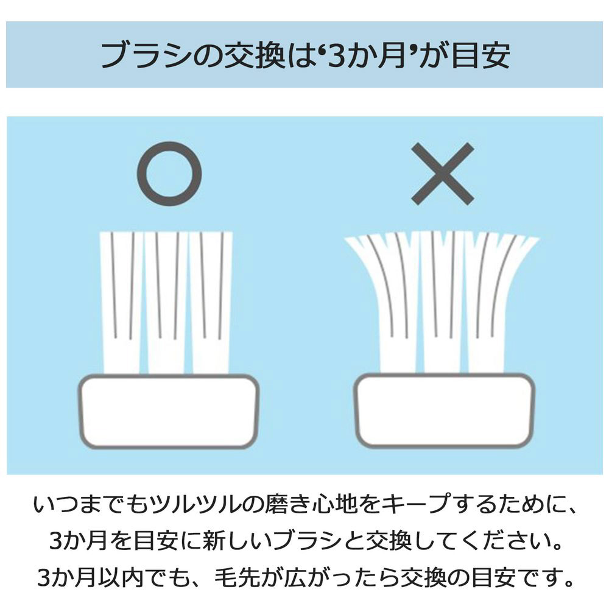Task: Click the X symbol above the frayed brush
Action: [442, 173]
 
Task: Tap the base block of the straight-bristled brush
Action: [168, 412]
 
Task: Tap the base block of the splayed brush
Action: [445, 410]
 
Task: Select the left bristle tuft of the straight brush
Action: [121, 303]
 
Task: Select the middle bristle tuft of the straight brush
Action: [166, 303]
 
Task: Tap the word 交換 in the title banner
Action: [255, 55]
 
